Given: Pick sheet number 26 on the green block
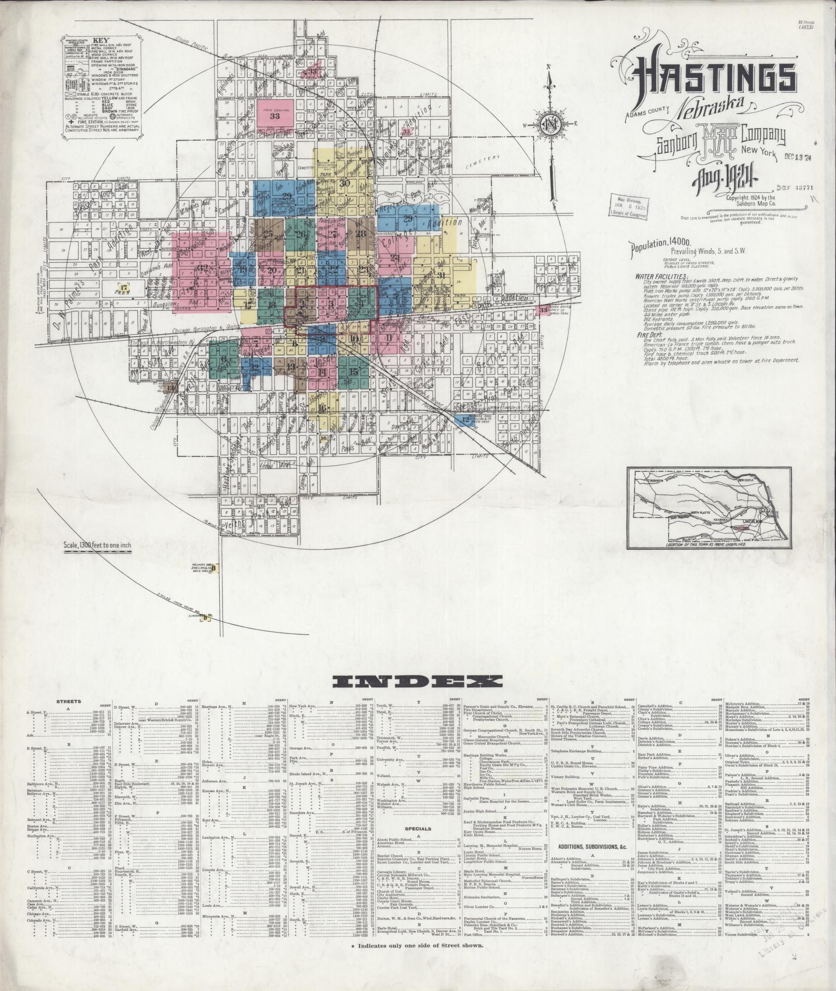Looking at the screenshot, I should coord(301,234).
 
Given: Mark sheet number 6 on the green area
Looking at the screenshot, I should coord(224,359).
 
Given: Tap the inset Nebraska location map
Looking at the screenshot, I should coord(710,504).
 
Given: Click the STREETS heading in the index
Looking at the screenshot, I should coord(68,702).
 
